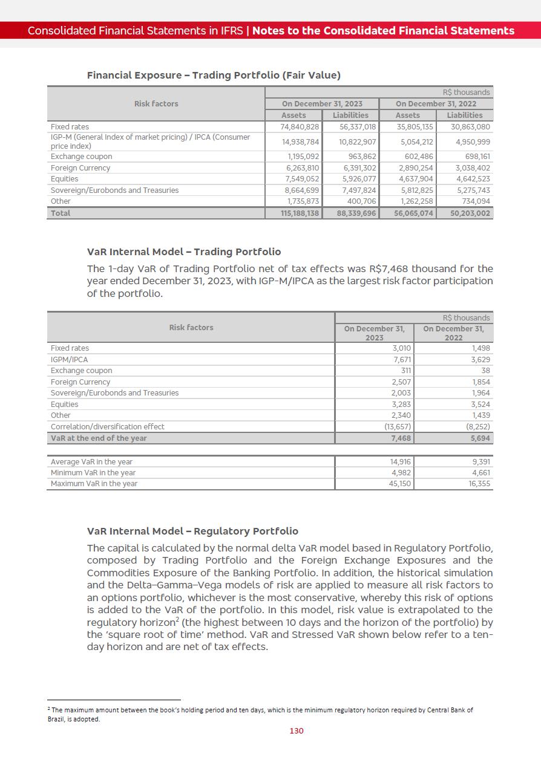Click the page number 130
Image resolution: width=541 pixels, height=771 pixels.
(297, 730)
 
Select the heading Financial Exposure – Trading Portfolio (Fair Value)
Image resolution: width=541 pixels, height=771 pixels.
(214, 75)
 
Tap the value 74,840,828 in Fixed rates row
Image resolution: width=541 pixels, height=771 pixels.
(300, 127)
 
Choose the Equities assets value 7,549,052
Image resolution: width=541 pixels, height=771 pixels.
(302, 179)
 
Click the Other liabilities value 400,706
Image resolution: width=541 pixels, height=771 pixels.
(359, 201)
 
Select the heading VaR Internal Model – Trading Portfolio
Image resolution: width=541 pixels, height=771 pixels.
(184, 252)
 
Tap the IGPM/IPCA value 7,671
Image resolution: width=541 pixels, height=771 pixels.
(402, 359)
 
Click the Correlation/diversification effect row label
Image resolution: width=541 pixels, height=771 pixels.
(108, 427)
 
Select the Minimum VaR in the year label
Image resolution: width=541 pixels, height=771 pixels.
(93, 473)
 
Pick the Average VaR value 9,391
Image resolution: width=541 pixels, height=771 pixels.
(480, 462)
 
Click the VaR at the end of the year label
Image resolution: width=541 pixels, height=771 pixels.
(99, 438)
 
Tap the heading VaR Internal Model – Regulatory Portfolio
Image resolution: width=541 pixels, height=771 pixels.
(192, 531)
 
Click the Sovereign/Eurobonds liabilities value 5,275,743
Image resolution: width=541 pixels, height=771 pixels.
(470, 190)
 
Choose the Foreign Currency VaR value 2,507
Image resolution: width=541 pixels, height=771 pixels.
(401, 382)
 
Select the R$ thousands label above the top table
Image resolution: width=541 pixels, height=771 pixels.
(466, 93)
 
